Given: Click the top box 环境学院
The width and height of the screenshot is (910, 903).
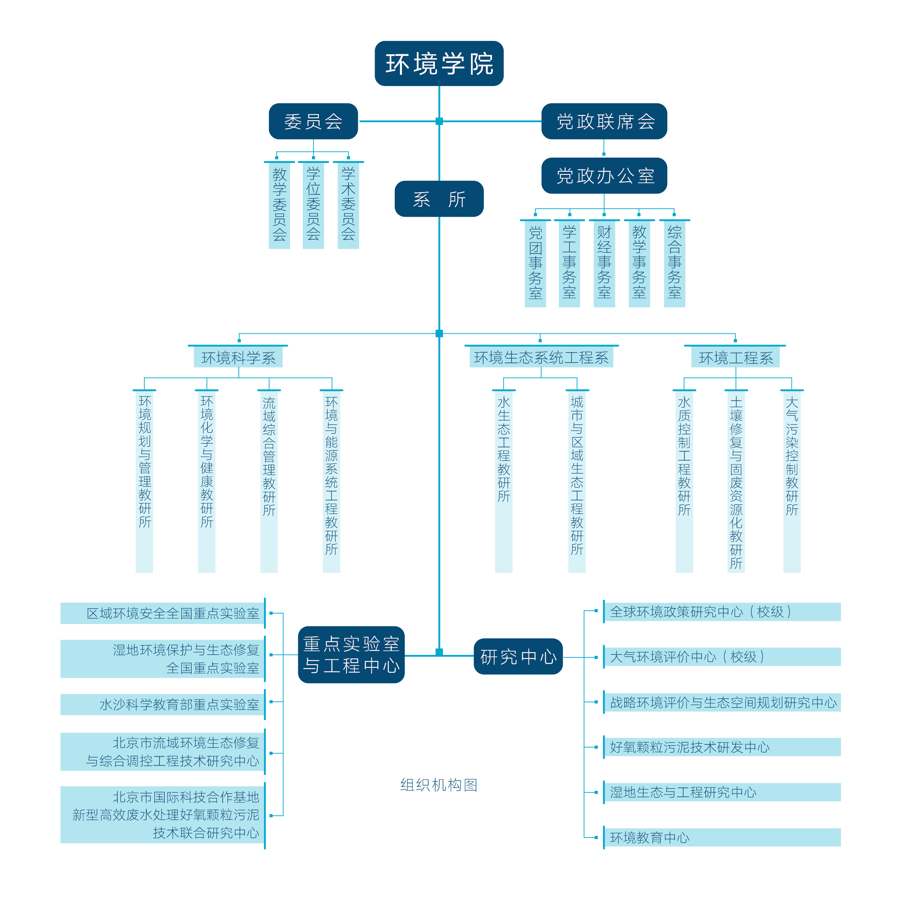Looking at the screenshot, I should click(439, 64).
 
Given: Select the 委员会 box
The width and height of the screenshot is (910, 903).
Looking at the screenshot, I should click(313, 121).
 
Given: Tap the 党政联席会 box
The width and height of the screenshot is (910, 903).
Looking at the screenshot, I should click(604, 121).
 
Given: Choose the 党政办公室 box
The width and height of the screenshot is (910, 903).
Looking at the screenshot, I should click(604, 176).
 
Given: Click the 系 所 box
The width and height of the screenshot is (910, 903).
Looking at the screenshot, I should click(439, 199).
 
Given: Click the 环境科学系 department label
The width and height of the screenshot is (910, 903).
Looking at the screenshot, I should click(238, 357).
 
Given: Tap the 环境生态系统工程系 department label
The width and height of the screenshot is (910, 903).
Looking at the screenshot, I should click(541, 357).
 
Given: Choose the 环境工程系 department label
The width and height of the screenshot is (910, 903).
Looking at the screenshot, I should click(735, 357).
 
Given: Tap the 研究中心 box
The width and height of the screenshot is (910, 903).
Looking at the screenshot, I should click(518, 656).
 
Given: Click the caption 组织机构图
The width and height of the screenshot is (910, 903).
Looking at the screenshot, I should click(439, 785).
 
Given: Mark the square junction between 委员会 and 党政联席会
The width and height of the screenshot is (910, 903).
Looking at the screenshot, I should click(439, 121).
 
